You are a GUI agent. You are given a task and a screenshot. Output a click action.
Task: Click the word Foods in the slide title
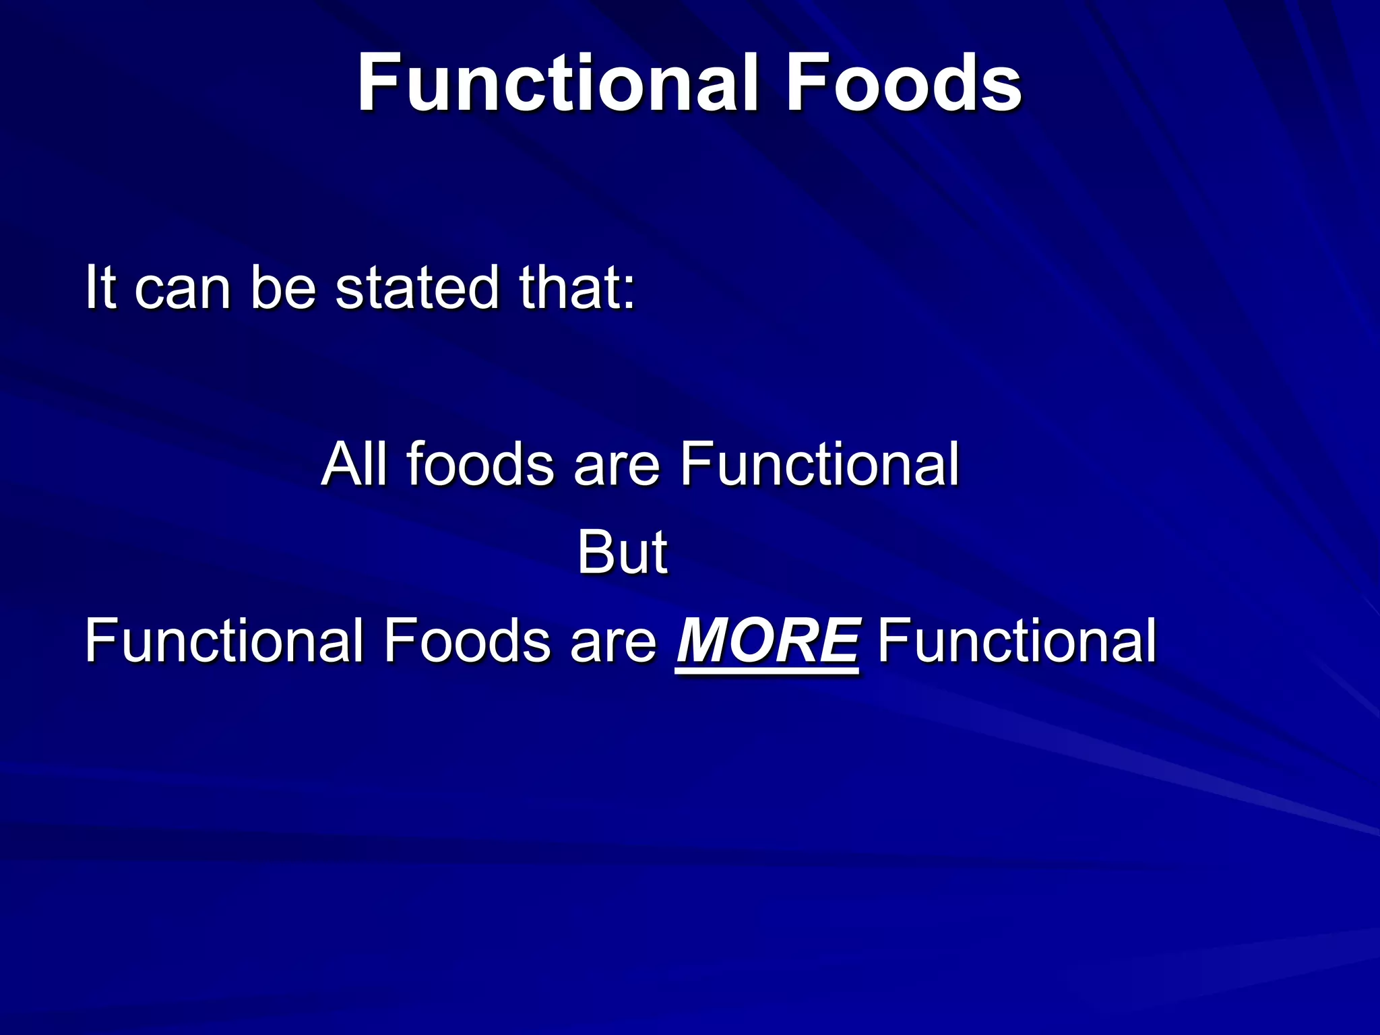click(903, 84)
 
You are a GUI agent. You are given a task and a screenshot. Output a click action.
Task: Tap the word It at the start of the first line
click(102, 288)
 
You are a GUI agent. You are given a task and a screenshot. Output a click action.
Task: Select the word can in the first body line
click(183, 291)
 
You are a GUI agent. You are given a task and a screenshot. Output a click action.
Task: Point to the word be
click(283, 288)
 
